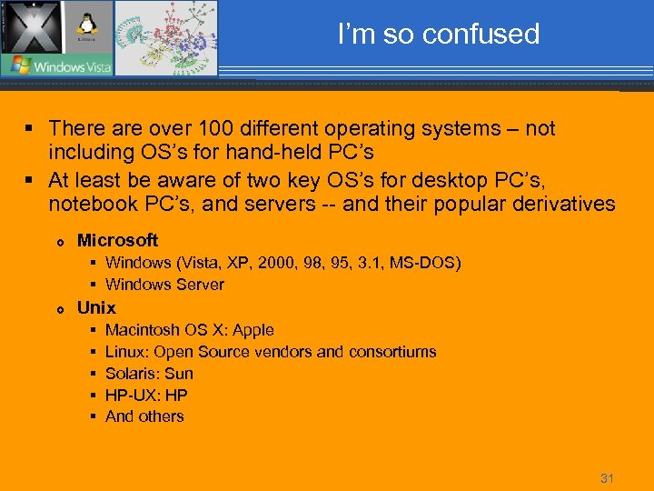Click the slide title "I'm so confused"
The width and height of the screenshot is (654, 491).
[x=438, y=35]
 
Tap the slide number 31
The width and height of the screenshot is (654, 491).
[x=608, y=478]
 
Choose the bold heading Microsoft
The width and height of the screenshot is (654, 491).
[x=117, y=240]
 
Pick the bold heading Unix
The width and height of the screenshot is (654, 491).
[x=96, y=307]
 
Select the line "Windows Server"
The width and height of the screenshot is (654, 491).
[x=164, y=285]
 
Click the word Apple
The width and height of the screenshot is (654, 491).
[x=253, y=330]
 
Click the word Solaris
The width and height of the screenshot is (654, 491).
[x=133, y=374]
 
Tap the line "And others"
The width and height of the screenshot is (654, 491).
[x=144, y=416]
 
